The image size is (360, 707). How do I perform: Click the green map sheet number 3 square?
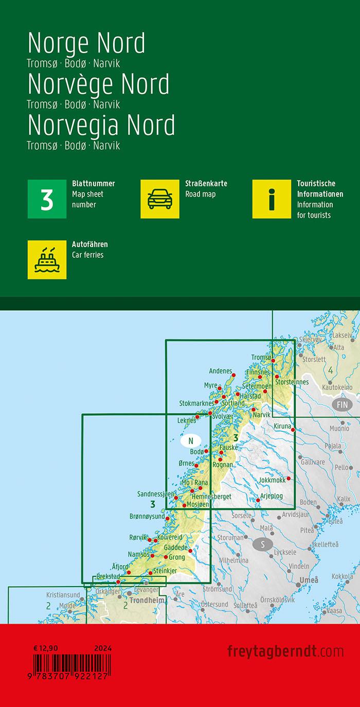click(x=47, y=199)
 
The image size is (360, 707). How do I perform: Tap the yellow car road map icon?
click(x=159, y=199)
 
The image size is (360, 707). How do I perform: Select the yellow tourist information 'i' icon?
click(x=272, y=199)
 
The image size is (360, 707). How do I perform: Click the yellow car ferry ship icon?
click(x=47, y=259)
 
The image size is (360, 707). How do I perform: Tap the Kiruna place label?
click(x=282, y=427)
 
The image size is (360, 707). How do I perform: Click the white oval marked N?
click(x=191, y=440)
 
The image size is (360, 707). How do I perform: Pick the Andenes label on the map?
click(x=221, y=370)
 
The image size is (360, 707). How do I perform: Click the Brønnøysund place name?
click(x=147, y=516)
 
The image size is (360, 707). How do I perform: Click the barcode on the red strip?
click(x=66, y=663)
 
